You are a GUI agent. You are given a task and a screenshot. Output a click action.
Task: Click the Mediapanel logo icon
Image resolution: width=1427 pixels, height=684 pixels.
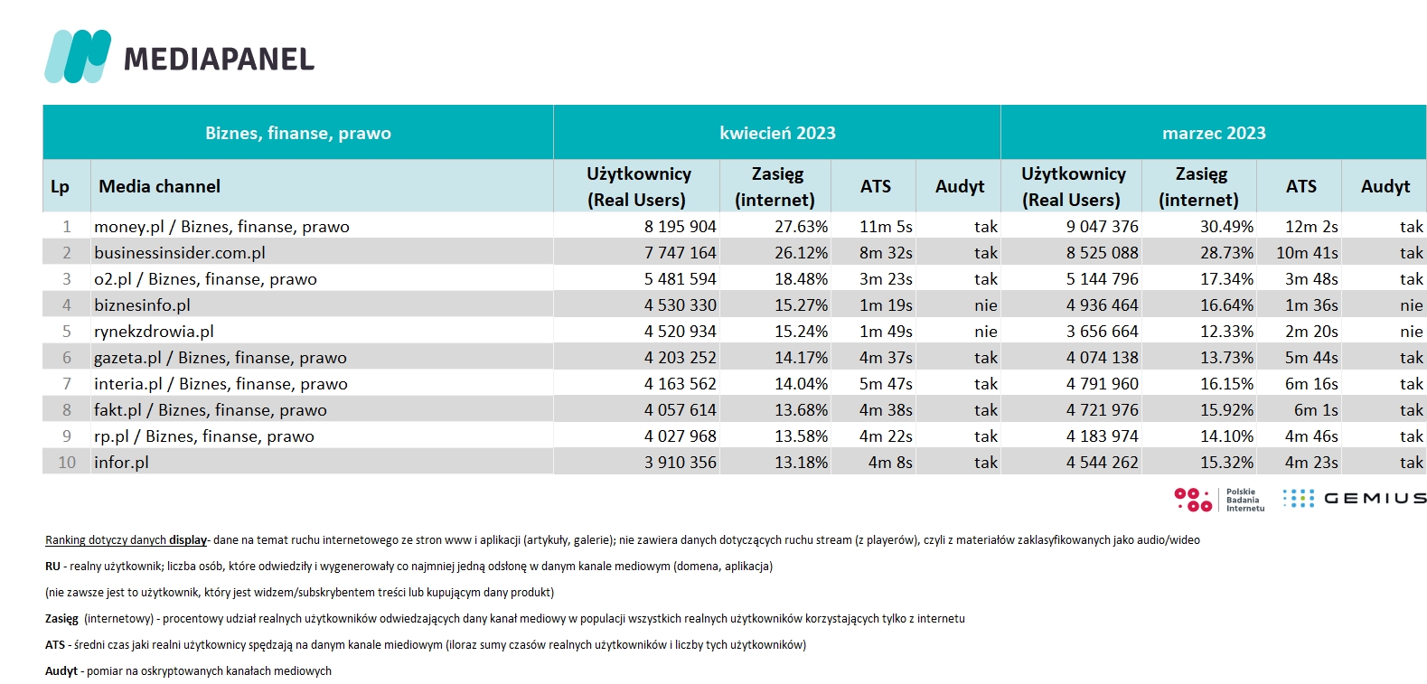(78, 56)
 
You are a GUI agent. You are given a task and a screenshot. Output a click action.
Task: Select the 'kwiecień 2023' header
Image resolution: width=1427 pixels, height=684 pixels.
(777, 133)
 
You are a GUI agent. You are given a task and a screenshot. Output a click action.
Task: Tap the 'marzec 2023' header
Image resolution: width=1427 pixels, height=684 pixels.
(1214, 133)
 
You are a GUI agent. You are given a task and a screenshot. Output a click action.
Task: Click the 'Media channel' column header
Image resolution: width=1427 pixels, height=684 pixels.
(159, 186)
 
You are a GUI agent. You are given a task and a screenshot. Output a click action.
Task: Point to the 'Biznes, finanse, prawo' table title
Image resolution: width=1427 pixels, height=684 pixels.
(297, 133)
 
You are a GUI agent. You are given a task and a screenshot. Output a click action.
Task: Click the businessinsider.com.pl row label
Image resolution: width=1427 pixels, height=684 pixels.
(180, 253)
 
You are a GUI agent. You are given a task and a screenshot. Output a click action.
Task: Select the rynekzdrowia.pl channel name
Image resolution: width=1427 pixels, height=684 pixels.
(154, 332)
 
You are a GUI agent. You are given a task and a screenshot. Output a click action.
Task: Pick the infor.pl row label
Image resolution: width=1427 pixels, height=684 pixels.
(121, 462)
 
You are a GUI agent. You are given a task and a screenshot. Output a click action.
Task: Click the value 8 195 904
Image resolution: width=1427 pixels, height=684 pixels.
(680, 227)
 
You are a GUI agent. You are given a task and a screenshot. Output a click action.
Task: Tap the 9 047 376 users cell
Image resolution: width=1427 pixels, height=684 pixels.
(1102, 227)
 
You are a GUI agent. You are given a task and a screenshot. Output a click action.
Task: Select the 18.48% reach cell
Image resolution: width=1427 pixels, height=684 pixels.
(801, 279)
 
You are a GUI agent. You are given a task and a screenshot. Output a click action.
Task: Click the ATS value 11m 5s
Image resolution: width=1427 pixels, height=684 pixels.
(886, 227)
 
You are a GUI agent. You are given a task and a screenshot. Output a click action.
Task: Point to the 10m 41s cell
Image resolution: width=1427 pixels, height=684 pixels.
(1307, 253)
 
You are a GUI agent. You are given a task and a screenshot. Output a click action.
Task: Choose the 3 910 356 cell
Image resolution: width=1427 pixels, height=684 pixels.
(680, 462)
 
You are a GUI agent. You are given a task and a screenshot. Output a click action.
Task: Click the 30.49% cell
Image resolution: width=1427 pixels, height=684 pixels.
(1226, 227)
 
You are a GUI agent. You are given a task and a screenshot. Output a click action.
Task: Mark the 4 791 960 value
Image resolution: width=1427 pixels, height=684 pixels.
(1102, 383)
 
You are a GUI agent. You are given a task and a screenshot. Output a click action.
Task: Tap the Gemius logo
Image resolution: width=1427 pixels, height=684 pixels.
(1354, 498)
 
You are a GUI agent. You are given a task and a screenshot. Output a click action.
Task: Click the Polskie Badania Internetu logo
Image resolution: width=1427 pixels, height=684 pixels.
(1219, 500)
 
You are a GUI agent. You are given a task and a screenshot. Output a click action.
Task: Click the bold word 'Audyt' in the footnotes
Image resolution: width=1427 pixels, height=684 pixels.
(61, 670)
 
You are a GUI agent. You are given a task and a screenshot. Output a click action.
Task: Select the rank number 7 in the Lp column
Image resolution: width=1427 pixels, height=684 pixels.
(66, 383)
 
